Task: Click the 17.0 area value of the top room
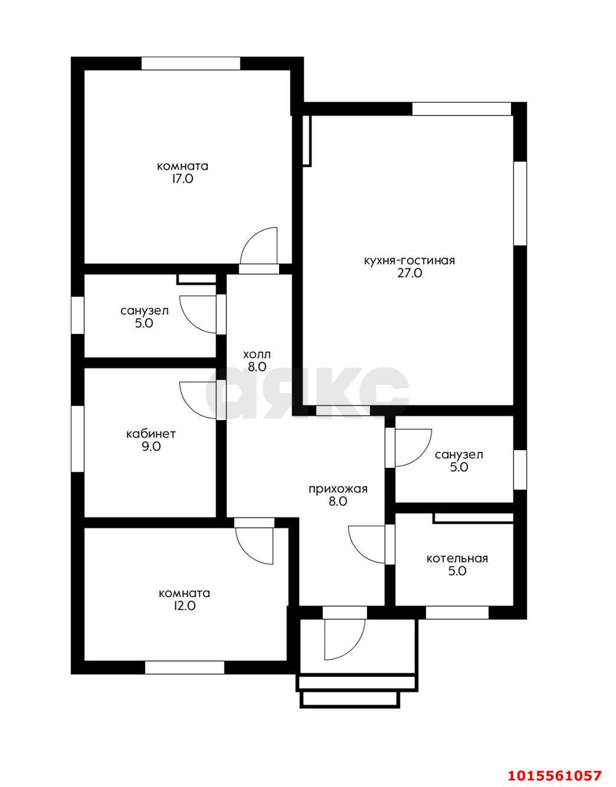point(183,178)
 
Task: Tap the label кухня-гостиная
point(409,261)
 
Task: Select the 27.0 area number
point(409,274)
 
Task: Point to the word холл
point(257,354)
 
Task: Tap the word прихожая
point(338,489)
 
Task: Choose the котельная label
point(457,558)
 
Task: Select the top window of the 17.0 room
point(191,63)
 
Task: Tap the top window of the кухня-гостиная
point(462,109)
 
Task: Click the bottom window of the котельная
point(457,612)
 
